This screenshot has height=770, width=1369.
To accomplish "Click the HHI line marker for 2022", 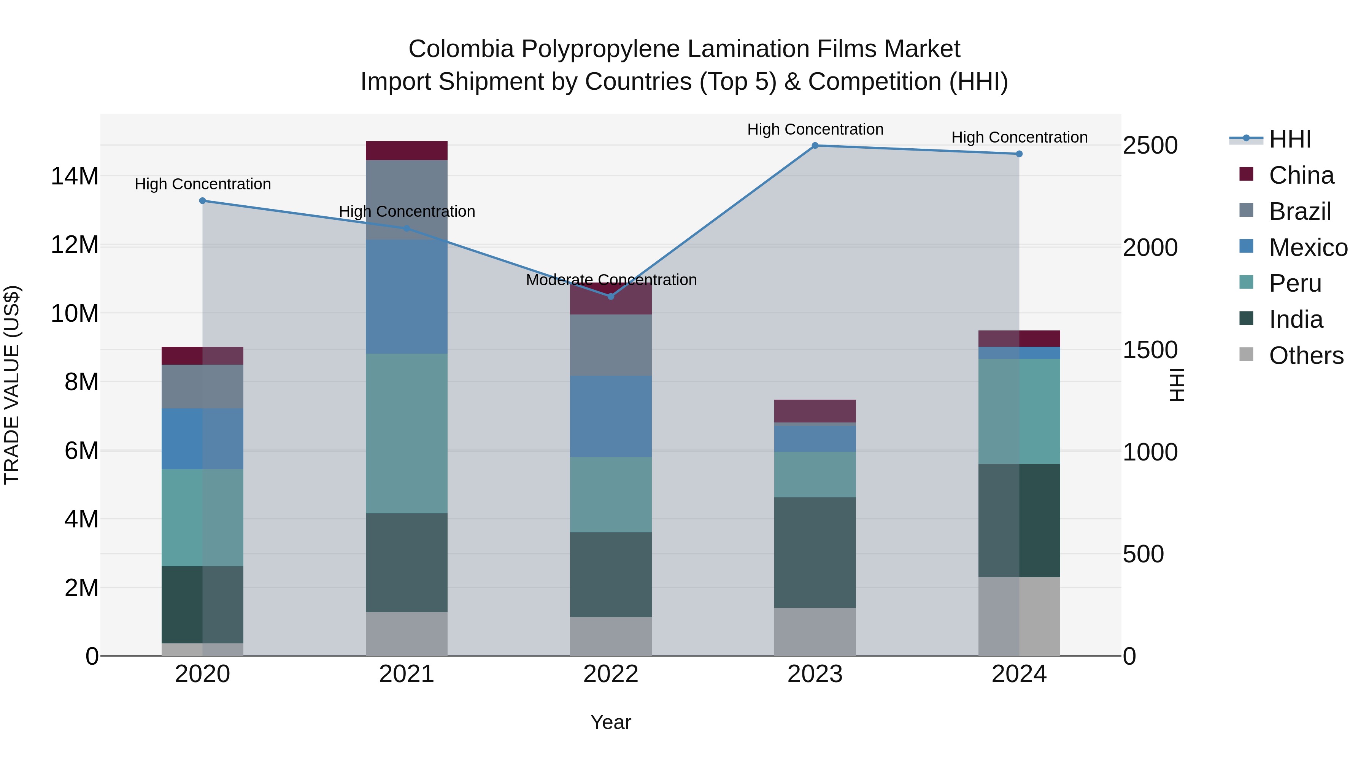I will pyautogui.click(x=611, y=297).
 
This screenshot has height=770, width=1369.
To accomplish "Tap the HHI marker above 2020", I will pyautogui.click(x=202, y=201).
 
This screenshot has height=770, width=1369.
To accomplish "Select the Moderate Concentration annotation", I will pyautogui.click(x=611, y=280).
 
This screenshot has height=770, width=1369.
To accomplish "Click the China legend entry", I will pyautogui.click(x=1301, y=175).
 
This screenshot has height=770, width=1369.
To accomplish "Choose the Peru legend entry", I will pyautogui.click(x=1294, y=283).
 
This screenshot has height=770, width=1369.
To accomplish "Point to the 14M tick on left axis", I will pyautogui.click(x=75, y=176).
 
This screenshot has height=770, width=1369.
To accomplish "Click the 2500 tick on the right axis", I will pyautogui.click(x=1150, y=146).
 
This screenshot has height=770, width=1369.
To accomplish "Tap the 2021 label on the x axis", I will pyautogui.click(x=407, y=674).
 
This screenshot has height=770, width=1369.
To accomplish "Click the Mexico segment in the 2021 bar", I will pyautogui.click(x=407, y=297).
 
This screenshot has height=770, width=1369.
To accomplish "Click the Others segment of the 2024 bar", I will pyautogui.click(x=1019, y=616).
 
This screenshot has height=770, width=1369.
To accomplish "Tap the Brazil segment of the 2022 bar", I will pyautogui.click(x=611, y=345).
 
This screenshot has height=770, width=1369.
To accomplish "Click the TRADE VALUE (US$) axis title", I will pyautogui.click(x=12, y=385).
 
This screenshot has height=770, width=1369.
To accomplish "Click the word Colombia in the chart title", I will pyautogui.click(x=461, y=49).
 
